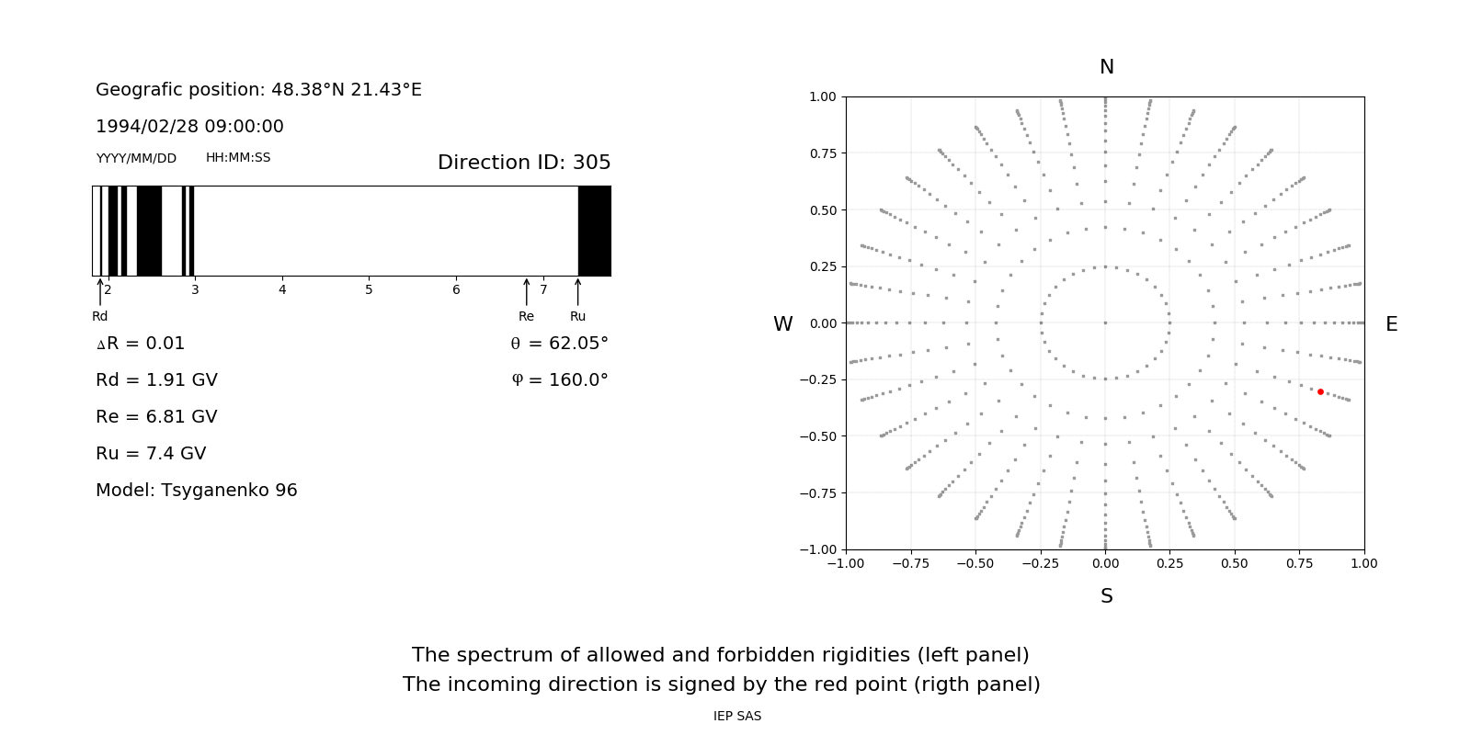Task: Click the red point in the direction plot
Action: click(1320, 391)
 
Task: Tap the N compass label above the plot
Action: click(1107, 67)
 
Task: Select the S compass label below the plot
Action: click(1107, 596)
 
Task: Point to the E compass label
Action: click(1391, 324)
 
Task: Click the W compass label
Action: click(782, 324)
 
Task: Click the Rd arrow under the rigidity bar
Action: click(100, 292)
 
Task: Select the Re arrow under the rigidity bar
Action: click(526, 292)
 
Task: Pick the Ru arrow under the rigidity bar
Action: click(577, 292)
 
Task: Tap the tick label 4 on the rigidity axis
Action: click(282, 290)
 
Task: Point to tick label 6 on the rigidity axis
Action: click(456, 290)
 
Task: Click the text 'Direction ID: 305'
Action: click(524, 163)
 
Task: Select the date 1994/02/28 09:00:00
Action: click(189, 127)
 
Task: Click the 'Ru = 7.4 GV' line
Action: click(151, 454)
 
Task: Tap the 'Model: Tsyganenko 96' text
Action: click(197, 491)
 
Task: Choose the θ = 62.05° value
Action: click(559, 344)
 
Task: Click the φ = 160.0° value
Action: click(559, 380)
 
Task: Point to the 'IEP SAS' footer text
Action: click(737, 717)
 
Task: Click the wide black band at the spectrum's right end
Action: click(594, 231)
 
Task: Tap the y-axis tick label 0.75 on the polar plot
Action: click(822, 153)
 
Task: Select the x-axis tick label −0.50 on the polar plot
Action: click(975, 564)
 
